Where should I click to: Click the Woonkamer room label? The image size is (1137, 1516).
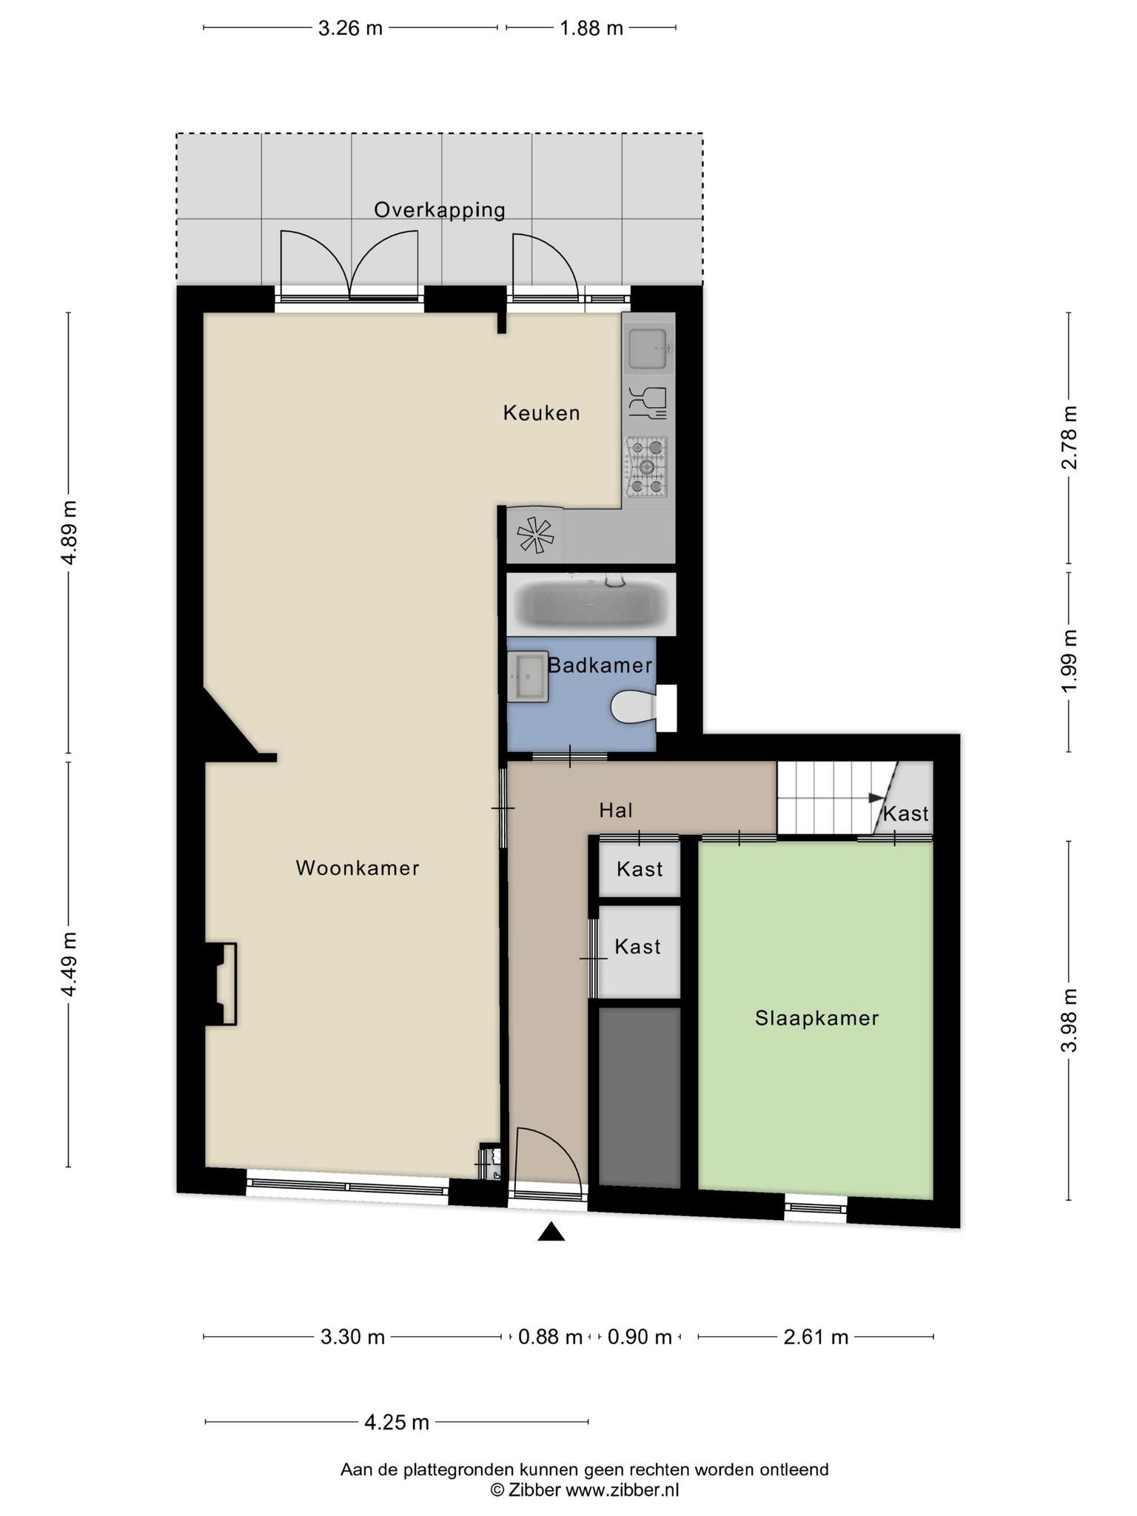coord(358,868)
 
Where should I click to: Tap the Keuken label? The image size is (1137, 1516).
coord(542,413)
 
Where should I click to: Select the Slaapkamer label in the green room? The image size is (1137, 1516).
coord(817,1019)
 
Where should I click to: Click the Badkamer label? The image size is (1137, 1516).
coord(600,665)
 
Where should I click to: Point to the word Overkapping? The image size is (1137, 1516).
coord(440,210)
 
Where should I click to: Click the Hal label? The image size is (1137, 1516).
coord(616,811)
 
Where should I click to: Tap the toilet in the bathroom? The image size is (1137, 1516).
coord(634,708)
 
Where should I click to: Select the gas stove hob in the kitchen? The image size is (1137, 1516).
coord(646,467)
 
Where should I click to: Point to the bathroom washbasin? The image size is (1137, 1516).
coord(528,677)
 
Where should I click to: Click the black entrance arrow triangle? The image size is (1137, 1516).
coord(551,1231)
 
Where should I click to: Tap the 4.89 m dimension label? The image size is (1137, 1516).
coord(69,532)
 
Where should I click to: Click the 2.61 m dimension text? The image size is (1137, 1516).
coord(816,1337)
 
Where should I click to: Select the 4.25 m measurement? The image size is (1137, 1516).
coord(397,1422)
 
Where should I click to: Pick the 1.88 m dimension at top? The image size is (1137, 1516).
coord(591,28)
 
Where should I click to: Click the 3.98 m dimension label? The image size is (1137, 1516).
coord(1069,1020)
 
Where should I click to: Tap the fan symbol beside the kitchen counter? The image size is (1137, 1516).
coord(535,534)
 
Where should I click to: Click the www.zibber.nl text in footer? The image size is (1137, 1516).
coord(622,1490)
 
